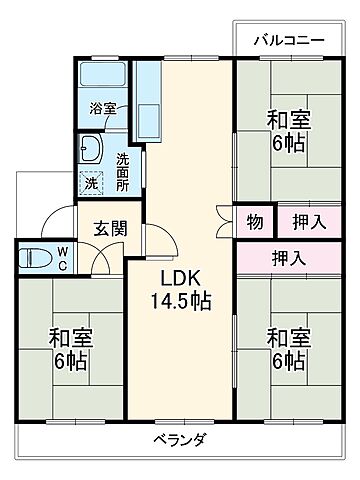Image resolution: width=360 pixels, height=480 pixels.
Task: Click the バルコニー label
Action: (288, 41)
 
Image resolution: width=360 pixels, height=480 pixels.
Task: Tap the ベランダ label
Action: (180, 440)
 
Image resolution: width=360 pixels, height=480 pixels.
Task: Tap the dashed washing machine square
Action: (92, 183)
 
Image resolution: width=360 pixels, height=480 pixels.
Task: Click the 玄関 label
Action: (110, 228)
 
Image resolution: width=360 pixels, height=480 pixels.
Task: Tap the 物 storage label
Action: (255, 221)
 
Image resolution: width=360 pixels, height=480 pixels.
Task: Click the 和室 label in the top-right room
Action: (287, 120)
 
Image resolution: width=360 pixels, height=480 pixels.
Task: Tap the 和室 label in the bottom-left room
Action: (70, 337)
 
